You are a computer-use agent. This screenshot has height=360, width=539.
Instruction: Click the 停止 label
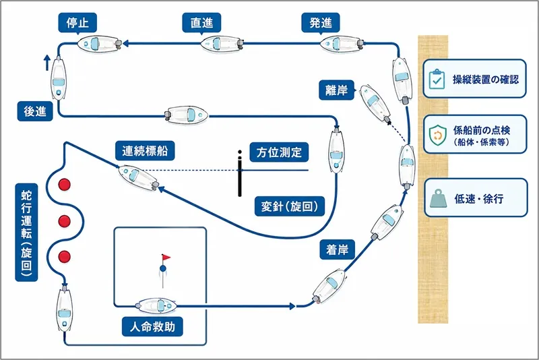click(77, 23)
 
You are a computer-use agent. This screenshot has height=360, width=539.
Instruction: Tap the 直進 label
click(201, 23)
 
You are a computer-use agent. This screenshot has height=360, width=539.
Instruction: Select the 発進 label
click(321, 23)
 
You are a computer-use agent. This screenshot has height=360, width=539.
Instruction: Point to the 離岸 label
click(336, 90)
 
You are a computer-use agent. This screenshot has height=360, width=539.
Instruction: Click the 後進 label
click(35, 111)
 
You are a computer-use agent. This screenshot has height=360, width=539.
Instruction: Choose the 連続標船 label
click(145, 150)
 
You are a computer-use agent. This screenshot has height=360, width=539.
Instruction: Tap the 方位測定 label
click(279, 152)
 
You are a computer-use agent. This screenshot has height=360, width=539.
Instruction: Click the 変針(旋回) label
click(290, 206)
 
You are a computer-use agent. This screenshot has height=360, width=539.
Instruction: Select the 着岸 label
click(338, 249)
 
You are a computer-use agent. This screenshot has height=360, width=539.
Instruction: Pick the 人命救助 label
click(152, 326)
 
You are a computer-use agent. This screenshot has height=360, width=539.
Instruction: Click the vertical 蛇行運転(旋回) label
click(26, 233)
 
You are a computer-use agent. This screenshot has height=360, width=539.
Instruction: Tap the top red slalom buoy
click(64, 185)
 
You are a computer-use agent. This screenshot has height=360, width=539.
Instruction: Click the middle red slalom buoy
click(64, 221)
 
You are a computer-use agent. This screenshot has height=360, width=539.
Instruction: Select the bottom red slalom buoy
click(64, 257)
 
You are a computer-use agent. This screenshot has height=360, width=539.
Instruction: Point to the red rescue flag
click(166, 258)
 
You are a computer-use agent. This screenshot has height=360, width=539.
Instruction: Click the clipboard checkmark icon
click(437, 79)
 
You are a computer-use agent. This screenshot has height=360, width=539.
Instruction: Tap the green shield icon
click(437, 135)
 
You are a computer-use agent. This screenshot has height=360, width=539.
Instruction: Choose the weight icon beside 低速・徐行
click(438, 198)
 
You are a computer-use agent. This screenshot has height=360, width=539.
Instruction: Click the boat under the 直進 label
click(222, 44)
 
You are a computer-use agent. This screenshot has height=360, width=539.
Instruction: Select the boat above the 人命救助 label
click(157, 305)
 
